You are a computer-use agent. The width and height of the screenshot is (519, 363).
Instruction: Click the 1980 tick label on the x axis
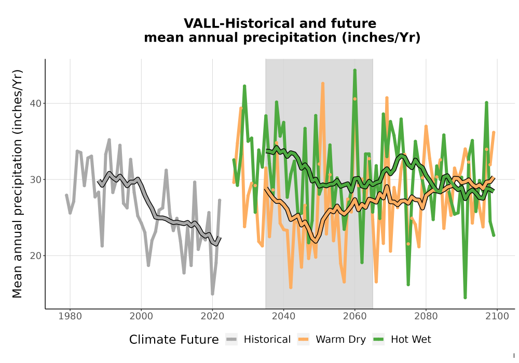(70, 316)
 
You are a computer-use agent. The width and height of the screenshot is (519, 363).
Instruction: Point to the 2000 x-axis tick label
(141, 316)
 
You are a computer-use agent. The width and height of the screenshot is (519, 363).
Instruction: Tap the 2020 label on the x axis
(212, 316)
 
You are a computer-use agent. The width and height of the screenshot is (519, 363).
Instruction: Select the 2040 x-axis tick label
(283, 316)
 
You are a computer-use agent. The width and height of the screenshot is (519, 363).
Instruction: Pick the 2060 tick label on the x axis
(354, 316)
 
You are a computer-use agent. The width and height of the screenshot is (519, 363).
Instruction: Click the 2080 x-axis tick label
(426, 316)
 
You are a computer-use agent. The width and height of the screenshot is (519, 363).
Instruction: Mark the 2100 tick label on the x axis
(497, 316)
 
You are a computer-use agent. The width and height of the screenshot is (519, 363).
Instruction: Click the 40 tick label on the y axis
(36, 104)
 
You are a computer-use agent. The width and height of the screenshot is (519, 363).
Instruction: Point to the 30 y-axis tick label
(36, 179)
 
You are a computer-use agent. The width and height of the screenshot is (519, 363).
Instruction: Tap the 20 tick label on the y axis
(36, 256)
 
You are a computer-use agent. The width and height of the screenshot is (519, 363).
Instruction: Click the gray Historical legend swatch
(231, 340)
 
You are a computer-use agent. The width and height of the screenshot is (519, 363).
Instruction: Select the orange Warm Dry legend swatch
(303, 340)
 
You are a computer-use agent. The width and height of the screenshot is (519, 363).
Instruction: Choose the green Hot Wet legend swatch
(378, 340)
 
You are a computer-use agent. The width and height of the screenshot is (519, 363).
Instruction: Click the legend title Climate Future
(174, 340)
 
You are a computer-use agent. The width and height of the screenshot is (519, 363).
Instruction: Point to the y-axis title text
(17, 184)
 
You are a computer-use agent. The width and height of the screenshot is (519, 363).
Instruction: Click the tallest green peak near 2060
(355, 70)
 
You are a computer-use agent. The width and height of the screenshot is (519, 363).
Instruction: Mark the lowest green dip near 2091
(465, 298)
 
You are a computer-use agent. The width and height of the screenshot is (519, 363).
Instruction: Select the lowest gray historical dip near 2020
(212, 294)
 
